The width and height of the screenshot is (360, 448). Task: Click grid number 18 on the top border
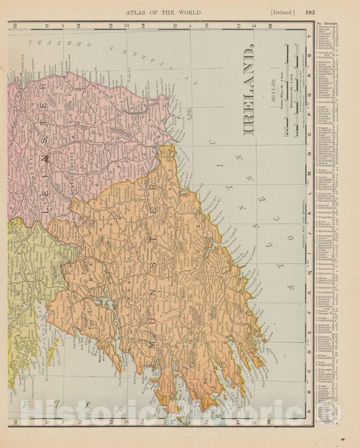coord(270,26)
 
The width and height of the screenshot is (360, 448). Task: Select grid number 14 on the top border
coord(141,26)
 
